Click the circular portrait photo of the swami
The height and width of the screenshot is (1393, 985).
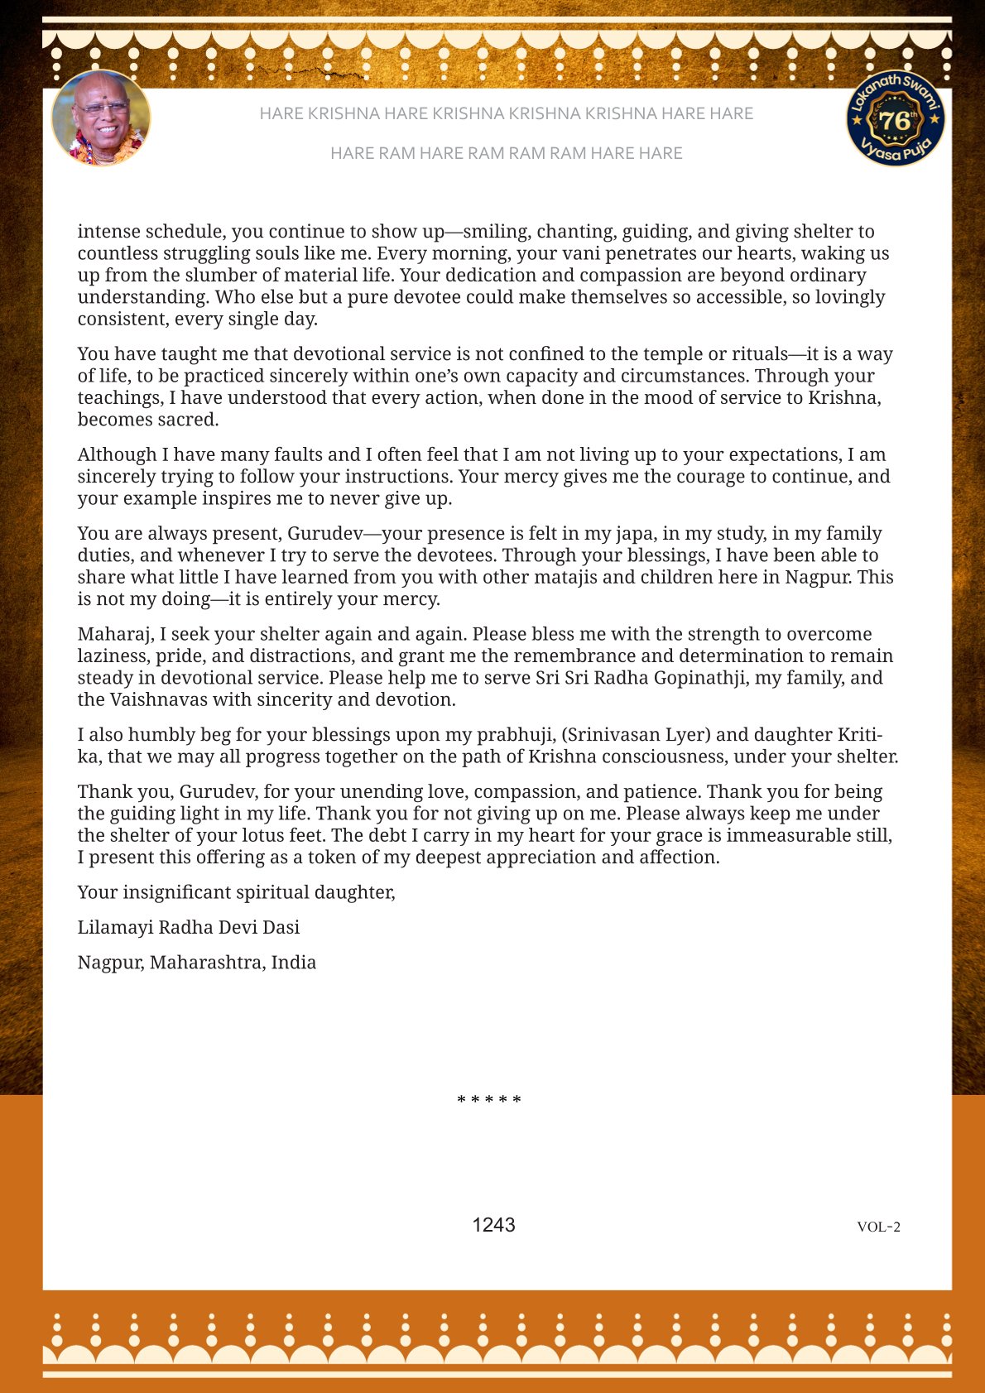101,118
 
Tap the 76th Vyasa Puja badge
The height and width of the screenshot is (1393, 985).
896,118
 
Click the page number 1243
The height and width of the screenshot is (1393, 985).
493,1225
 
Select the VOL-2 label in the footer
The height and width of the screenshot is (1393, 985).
878,1227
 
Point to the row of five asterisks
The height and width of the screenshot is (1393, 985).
489,1100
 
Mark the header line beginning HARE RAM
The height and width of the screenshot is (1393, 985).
506,153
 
